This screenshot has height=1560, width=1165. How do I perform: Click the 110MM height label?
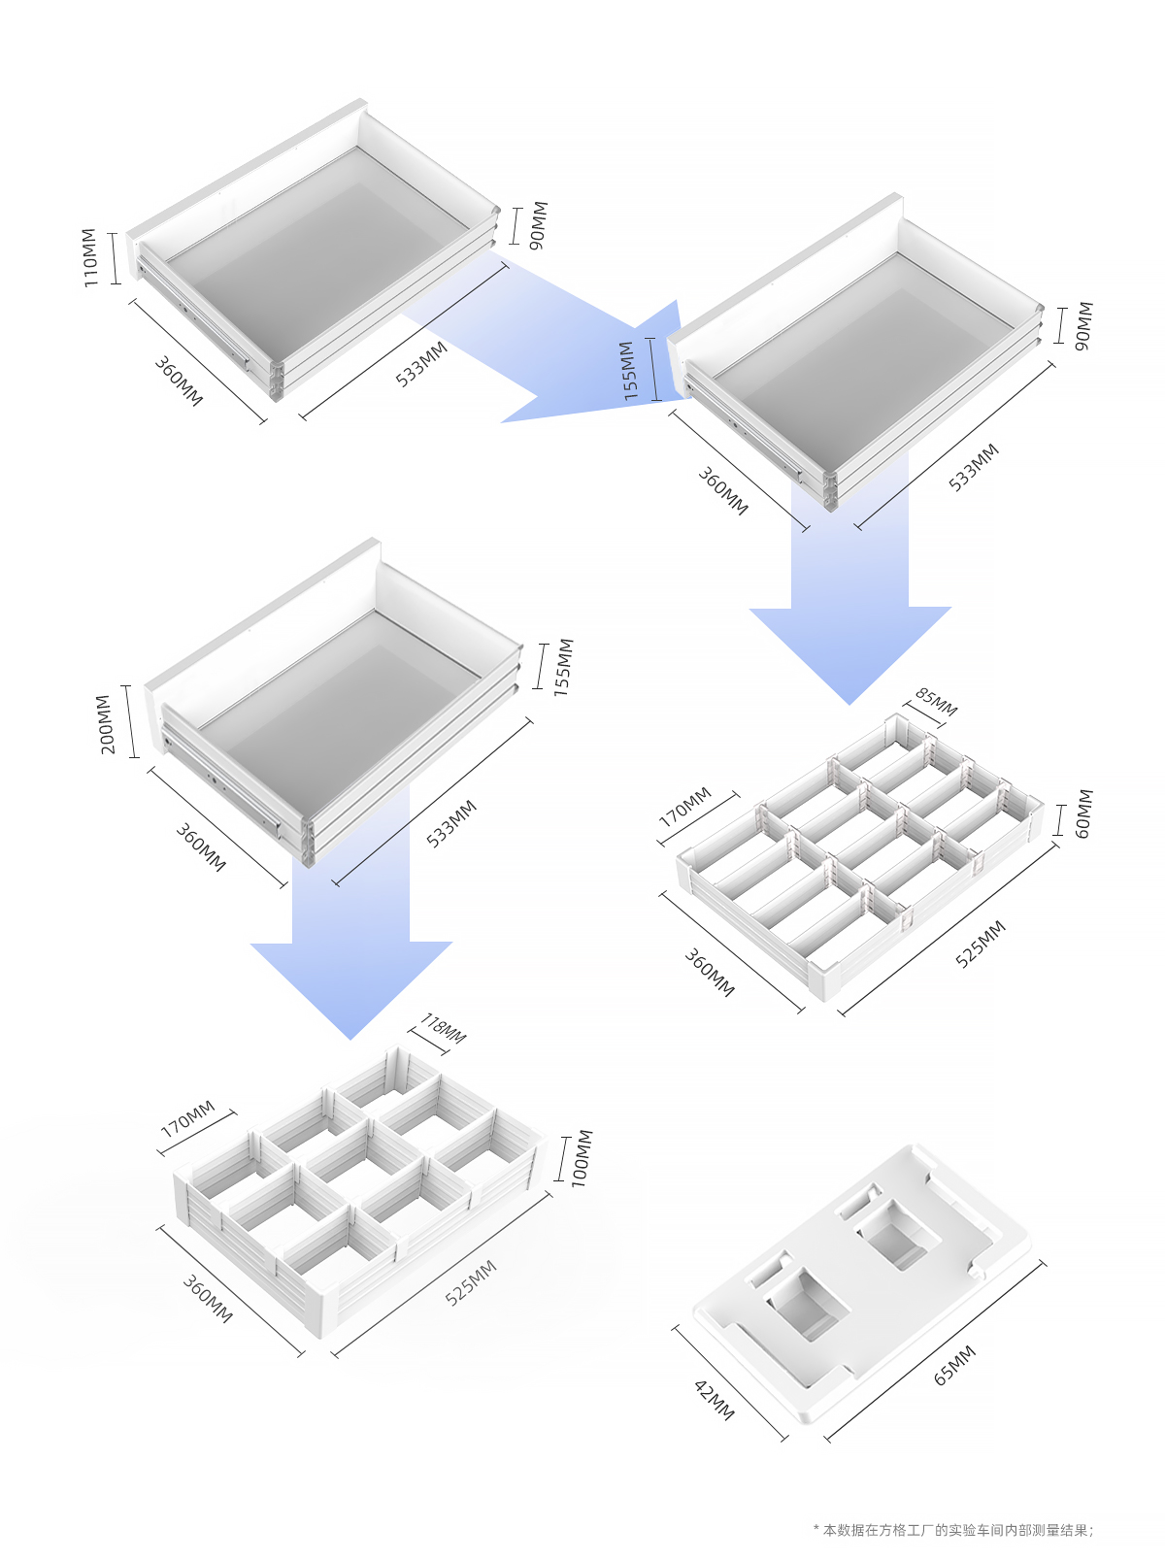point(89,258)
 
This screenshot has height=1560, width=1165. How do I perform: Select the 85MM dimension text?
point(936,702)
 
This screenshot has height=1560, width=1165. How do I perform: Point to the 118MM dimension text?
point(443,1028)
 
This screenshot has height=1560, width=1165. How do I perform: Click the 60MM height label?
point(1082,813)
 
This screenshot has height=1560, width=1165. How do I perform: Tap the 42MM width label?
point(715,1400)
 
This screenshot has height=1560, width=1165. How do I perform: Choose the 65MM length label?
point(954,1365)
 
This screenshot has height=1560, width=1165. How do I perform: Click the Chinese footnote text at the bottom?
point(953,1530)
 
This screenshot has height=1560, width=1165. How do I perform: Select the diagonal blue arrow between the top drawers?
point(561,341)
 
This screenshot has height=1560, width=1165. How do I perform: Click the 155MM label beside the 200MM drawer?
point(563,667)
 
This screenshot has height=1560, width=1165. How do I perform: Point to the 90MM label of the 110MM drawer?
point(539,225)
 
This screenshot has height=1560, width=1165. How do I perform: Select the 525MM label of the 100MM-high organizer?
point(471,1282)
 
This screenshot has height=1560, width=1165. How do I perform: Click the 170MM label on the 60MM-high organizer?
point(685,808)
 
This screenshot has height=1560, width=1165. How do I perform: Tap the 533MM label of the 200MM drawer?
point(451,824)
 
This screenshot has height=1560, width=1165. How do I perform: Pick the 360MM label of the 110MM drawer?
point(179,382)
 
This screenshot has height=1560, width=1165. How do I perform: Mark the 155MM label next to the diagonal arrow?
point(628,371)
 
